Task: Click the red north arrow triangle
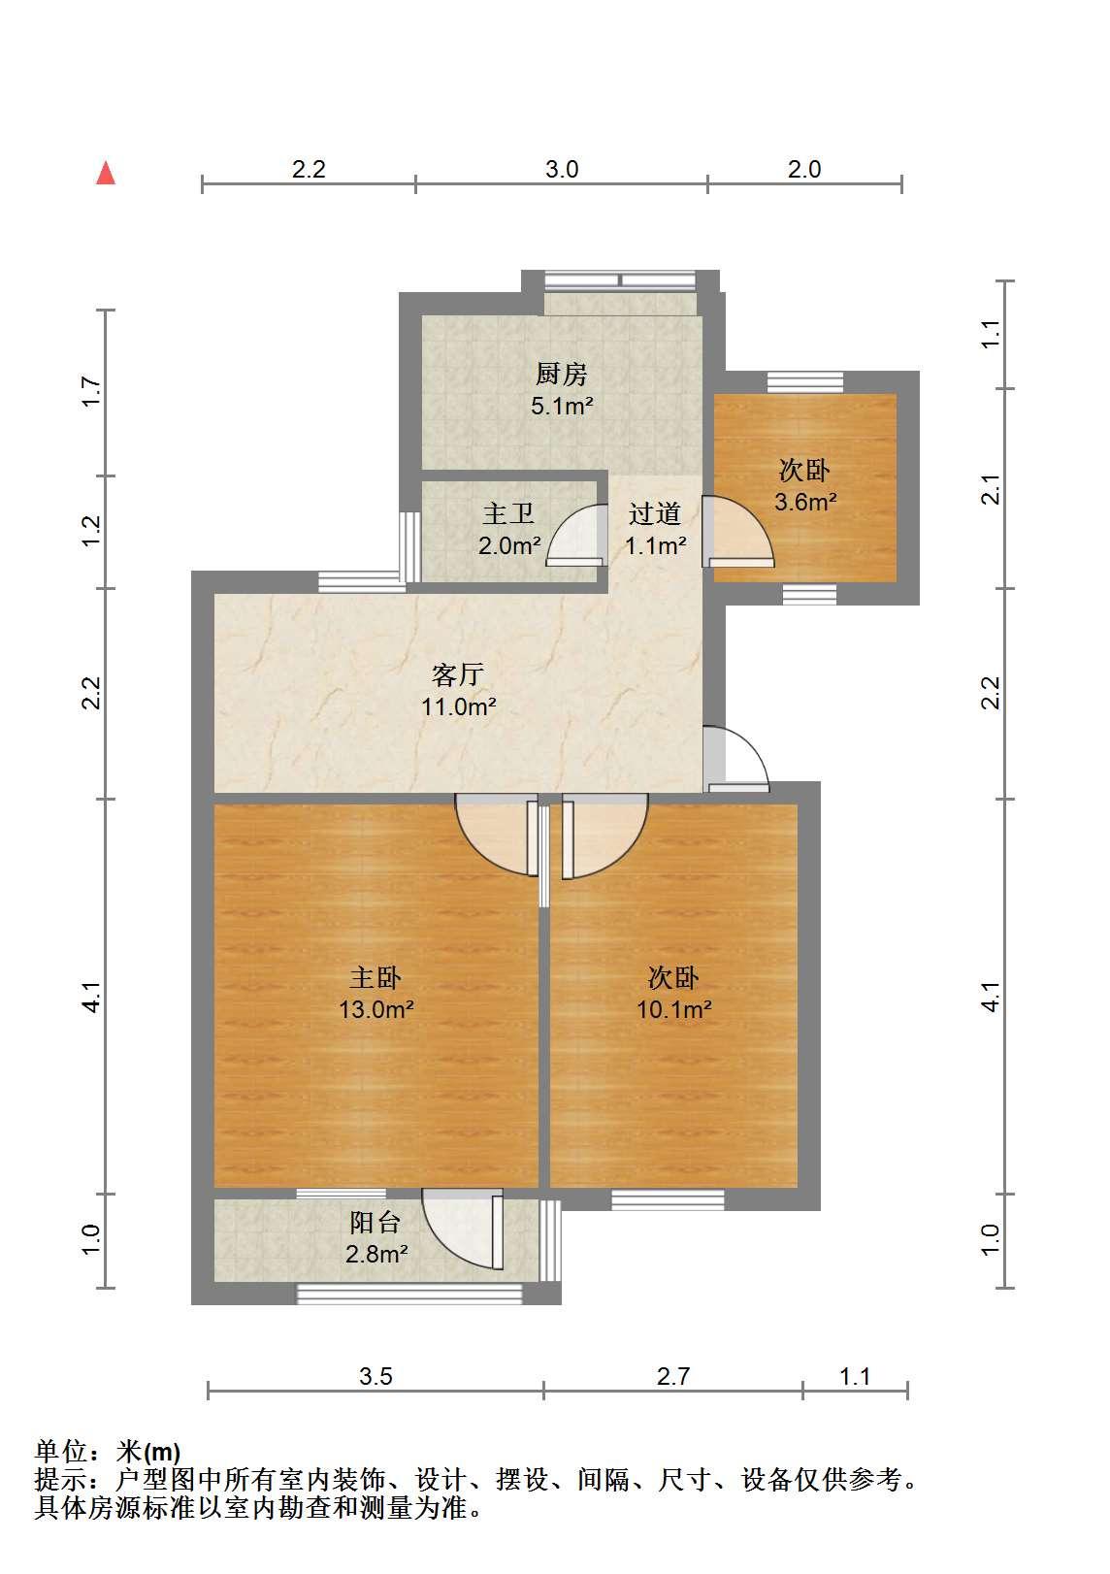(x=106, y=173)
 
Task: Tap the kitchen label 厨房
(x=561, y=374)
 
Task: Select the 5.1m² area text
(x=562, y=407)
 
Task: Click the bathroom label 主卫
(x=507, y=513)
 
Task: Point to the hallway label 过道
(x=654, y=513)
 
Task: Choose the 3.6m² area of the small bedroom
(x=805, y=502)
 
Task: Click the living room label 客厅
(x=457, y=674)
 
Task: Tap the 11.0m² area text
(x=458, y=706)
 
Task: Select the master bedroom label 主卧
(x=375, y=977)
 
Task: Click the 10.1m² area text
(x=673, y=1010)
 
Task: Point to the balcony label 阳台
(x=375, y=1223)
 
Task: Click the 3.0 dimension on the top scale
(x=562, y=170)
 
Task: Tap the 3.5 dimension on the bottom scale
(x=375, y=1377)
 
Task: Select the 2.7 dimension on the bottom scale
(x=673, y=1377)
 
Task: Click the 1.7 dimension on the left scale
(x=92, y=392)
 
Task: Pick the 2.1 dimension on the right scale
(x=990, y=489)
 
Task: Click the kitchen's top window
(x=620, y=280)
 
